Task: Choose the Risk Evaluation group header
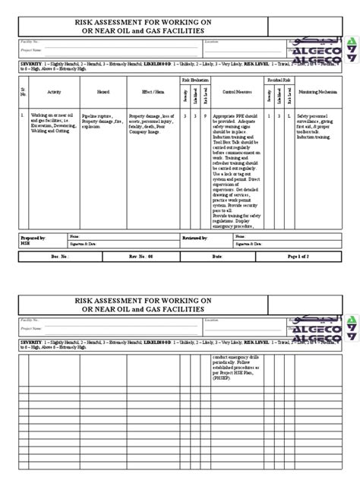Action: pos(191,79)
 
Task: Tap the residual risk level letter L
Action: pos(289,116)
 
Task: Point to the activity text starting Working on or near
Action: pos(46,116)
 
